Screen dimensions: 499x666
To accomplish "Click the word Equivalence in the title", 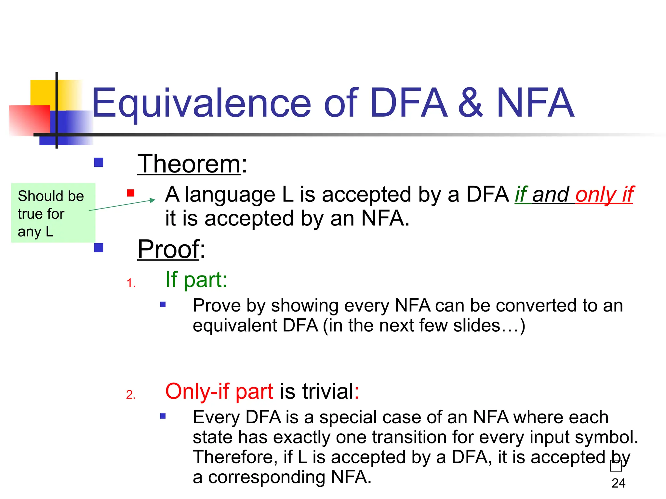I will point(202,103).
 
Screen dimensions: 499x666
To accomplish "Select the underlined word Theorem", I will point(189,164).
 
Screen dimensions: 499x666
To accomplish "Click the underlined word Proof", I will point(168,249).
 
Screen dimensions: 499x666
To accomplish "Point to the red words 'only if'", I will point(604,195).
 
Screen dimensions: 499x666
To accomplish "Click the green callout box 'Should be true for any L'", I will point(53,213).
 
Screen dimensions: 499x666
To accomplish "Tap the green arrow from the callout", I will point(122,205).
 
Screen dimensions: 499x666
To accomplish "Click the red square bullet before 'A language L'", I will point(131,193).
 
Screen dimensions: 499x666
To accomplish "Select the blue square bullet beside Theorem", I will point(99,162).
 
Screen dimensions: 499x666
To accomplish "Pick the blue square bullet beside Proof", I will point(99,248).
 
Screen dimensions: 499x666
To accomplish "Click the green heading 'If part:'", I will point(196,279).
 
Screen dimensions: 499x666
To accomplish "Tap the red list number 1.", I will point(131,283).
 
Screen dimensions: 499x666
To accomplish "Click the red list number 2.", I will point(131,395).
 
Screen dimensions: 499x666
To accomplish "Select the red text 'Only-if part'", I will point(219,391).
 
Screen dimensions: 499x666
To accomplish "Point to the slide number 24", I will point(618,483).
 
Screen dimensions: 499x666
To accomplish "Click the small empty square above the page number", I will point(616,466).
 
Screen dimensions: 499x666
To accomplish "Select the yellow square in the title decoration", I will point(43,92).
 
